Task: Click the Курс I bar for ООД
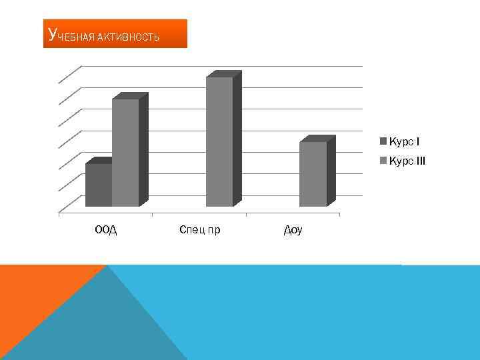point(99,185)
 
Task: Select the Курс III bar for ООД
point(125,153)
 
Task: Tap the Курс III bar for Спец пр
point(219,141)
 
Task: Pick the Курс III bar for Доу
point(313,174)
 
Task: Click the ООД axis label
point(105,231)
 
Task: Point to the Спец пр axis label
point(200,231)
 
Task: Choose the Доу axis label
point(293,231)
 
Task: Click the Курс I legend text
point(404,141)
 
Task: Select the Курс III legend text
point(407,161)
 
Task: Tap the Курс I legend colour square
point(383,141)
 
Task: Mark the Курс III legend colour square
point(383,161)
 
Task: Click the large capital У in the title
point(53,34)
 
